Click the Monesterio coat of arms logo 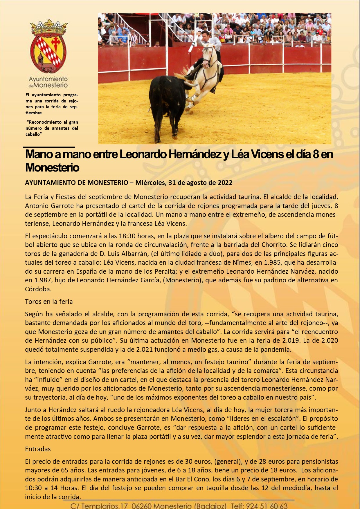tap(48, 46)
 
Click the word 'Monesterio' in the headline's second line tap(52, 167)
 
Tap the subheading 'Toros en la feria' tap(49, 302)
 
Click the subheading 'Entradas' tap(38, 449)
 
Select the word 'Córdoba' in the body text tap(38, 289)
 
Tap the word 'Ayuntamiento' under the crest tap(48, 79)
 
